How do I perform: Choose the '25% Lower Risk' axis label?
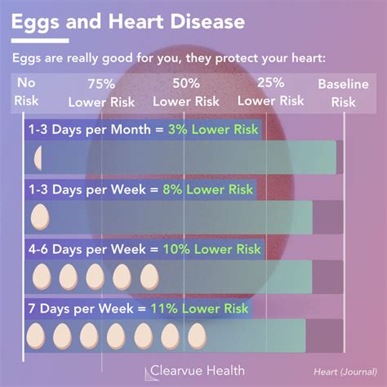click(x=270, y=92)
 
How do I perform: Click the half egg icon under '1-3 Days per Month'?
click(x=38, y=158)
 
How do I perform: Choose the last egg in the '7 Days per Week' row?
click(x=196, y=334)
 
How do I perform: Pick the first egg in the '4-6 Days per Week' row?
click(x=41, y=275)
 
